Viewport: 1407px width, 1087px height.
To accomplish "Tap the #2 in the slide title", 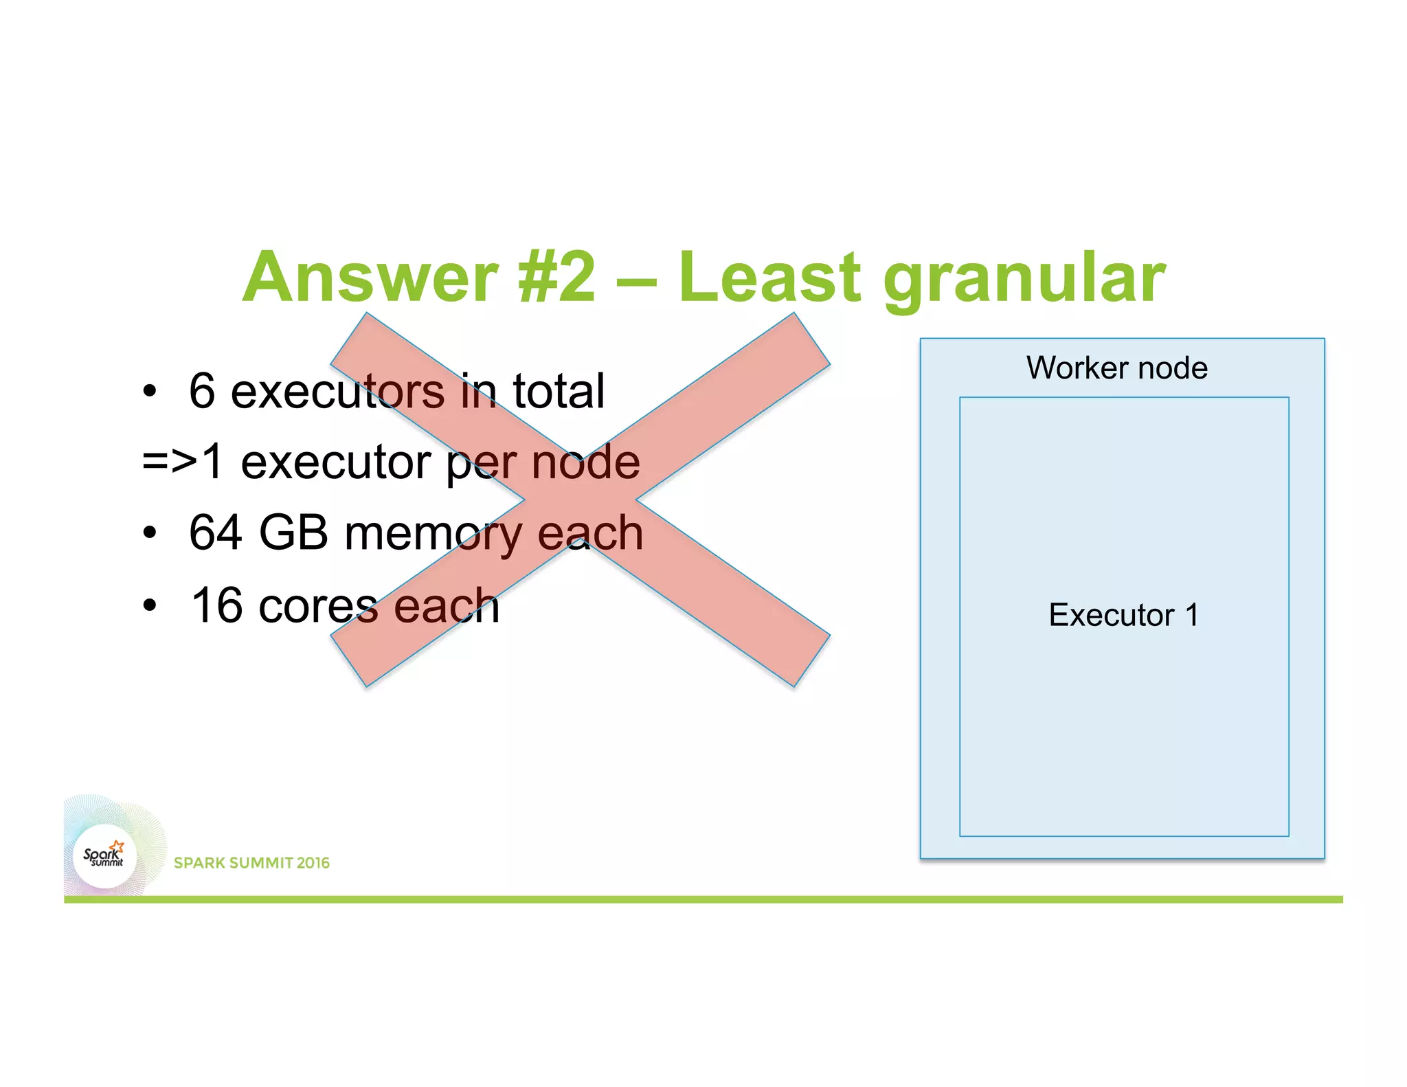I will pyautogui.click(x=557, y=278).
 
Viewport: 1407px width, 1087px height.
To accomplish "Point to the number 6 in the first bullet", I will pyautogui.click(x=202, y=391).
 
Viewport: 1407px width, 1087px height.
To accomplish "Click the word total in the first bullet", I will pyautogui.click(x=559, y=391).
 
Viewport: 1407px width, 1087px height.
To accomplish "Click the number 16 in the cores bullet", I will pyautogui.click(x=217, y=605).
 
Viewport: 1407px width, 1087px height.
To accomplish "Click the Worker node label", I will pyautogui.click(x=1117, y=368).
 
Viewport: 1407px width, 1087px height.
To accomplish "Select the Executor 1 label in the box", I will pyautogui.click(x=1123, y=614).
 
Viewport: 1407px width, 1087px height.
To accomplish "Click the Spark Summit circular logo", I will pyautogui.click(x=104, y=856).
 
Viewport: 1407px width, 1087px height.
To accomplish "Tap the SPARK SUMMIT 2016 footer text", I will pyautogui.click(x=251, y=863).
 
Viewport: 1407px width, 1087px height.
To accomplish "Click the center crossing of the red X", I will pyautogui.click(x=581, y=500).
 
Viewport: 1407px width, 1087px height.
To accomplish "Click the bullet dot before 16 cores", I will pyautogui.click(x=150, y=606).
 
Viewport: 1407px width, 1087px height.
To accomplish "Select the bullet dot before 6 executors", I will pyautogui.click(x=150, y=392).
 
